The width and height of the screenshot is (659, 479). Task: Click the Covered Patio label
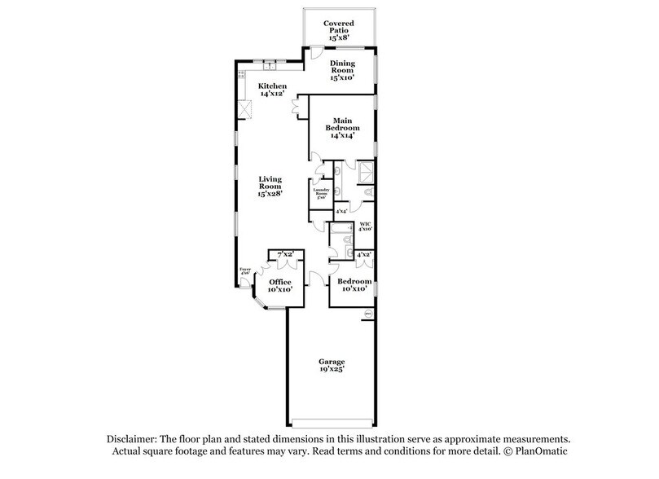click(x=337, y=31)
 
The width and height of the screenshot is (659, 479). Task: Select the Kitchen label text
click(x=272, y=90)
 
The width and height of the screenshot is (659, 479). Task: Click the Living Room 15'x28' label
click(x=270, y=187)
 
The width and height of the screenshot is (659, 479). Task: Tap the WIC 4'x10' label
click(x=366, y=226)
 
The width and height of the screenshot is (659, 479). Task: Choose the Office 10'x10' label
click(x=279, y=285)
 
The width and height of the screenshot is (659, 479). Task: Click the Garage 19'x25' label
click(x=332, y=366)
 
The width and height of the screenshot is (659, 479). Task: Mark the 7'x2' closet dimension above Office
click(x=285, y=255)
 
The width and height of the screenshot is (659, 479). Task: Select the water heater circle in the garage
click(x=367, y=312)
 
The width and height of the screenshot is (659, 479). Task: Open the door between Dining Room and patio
click(x=314, y=54)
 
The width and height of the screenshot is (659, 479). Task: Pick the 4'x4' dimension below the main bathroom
click(x=342, y=211)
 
